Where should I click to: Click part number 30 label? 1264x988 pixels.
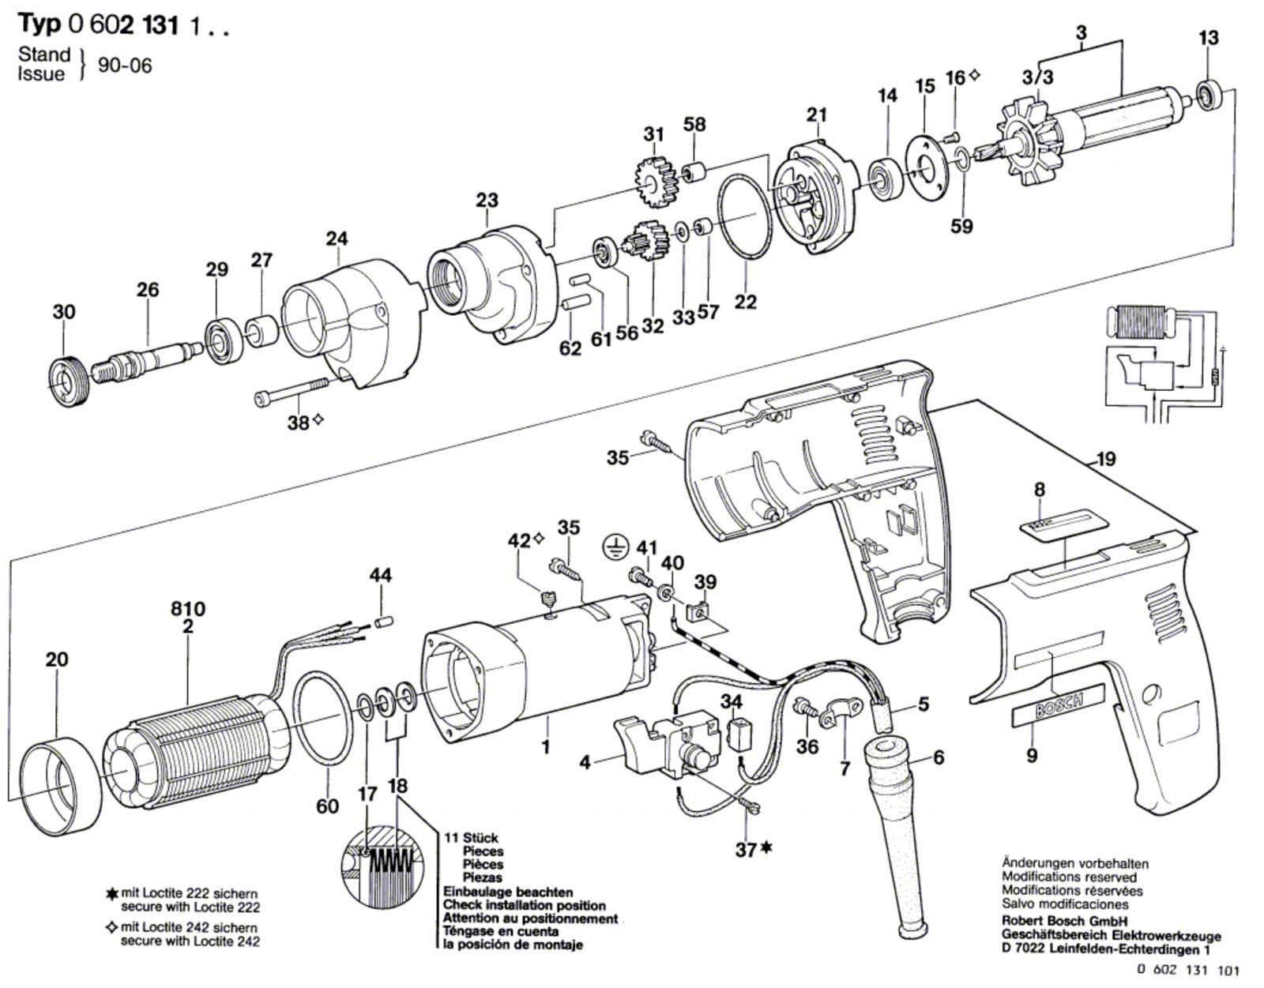click(64, 311)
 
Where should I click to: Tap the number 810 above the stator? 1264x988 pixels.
click(188, 609)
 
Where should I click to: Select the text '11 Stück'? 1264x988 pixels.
click(470, 838)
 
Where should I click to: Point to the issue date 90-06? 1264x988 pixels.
click(125, 65)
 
